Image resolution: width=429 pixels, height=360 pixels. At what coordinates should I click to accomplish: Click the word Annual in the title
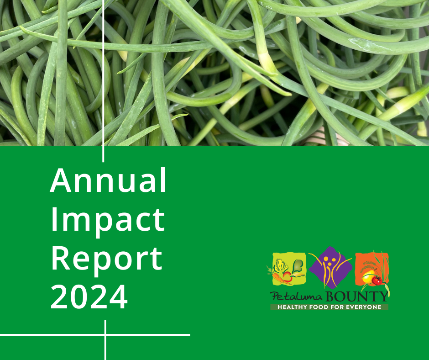(108, 181)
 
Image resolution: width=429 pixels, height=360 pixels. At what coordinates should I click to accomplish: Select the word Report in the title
(107, 260)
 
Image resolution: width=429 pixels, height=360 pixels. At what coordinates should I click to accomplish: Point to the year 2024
(89, 297)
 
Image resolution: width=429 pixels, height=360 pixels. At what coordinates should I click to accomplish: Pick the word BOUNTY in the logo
(357, 296)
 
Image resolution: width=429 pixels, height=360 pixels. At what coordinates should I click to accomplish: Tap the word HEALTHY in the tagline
(292, 307)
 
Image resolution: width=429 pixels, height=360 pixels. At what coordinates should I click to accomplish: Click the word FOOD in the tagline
(319, 307)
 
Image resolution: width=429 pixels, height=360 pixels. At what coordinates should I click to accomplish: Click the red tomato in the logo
(377, 281)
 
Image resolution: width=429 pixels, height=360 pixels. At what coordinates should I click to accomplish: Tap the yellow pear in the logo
(368, 277)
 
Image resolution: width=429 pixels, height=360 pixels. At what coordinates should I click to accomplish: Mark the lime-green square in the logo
(289, 269)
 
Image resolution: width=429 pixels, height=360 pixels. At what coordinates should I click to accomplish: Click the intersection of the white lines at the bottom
(105, 335)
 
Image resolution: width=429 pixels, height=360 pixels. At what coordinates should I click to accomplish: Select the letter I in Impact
(54, 220)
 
